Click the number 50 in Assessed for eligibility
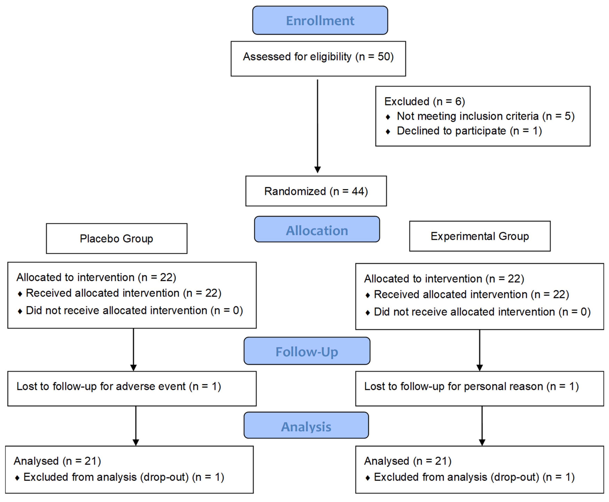point(383,57)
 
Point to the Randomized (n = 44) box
point(316,191)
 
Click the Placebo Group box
point(116,239)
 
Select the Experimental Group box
point(480,236)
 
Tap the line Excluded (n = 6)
point(424,101)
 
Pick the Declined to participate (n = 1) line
point(469,131)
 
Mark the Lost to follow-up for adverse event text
point(118,386)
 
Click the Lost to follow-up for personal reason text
point(471,386)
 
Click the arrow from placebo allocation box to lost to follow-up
point(133,350)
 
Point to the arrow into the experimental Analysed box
point(482,426)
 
